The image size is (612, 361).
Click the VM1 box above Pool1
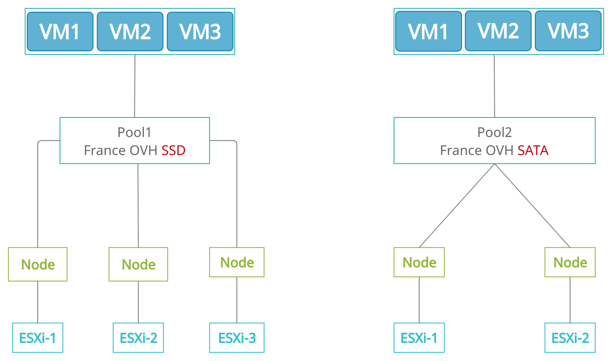(60, 31)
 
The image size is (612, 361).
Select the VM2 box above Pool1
(130, 31)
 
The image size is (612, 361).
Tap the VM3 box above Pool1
(200, 31)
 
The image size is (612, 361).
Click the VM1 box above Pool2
(428, 31)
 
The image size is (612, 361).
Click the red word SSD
(173, 150)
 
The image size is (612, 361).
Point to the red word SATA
(533, 150)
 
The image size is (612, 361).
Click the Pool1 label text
(134, 132)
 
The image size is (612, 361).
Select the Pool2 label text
(494, 132)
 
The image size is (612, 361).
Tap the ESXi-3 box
(237, 338)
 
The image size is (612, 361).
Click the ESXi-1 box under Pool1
(38, 338)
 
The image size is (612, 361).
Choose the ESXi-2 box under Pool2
(570, 338)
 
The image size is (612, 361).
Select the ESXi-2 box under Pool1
(138, 338)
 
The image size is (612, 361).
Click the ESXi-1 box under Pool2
(419, 338)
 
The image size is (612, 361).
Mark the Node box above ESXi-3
(237, 262)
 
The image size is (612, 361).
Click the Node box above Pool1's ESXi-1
(38, 264)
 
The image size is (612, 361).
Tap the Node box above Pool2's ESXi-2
(570, 262)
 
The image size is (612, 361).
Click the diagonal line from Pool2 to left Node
(457, 205)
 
